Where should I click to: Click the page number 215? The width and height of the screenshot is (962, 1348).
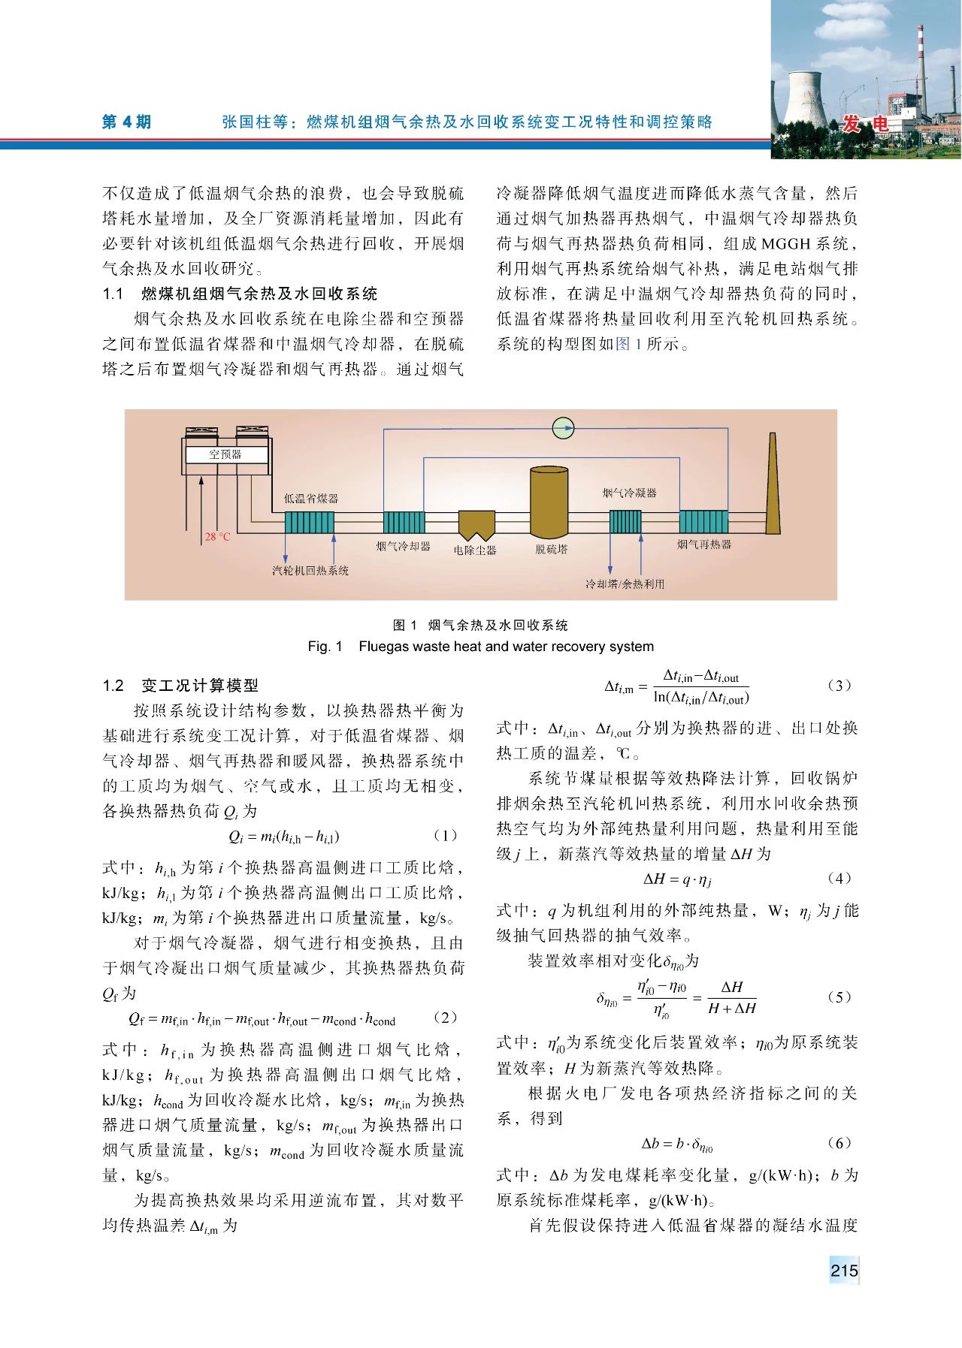click(x=844, y=1271)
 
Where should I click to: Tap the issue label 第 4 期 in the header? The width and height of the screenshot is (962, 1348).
click(x=126, y=122)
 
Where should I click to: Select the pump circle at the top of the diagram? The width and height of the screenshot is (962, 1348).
click(x=563, y=428)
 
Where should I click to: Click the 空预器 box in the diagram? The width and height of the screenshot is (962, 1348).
click(x=225, y=454)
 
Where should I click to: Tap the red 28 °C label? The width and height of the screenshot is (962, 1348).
click(x=217, y=537)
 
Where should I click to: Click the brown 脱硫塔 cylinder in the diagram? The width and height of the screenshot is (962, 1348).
click(x=549, y=502)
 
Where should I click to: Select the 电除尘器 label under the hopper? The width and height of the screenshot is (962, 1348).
click(x=475, y=550)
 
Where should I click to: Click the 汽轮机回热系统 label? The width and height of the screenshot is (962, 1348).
click(x=310, y=571)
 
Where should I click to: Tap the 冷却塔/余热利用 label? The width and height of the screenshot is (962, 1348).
click(x=625, y=584)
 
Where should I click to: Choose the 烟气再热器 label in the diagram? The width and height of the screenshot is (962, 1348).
click(x=704, y=544)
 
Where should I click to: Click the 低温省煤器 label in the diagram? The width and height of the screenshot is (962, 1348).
click(x=311, y=499)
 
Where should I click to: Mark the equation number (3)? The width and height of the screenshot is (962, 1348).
click(x=839, y=686)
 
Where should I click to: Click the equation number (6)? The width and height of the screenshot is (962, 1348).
click(x=839, y=1143)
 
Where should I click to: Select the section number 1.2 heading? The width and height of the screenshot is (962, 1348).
click(x=113, y=686)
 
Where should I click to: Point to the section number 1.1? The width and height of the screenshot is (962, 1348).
click(x=113, y=294)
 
